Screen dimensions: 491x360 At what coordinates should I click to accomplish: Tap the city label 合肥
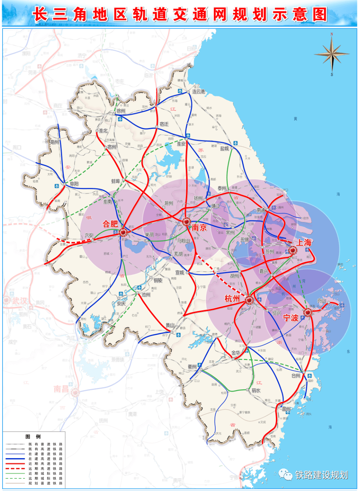(x=110, y=224)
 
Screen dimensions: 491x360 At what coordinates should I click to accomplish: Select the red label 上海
(x=304, y=243)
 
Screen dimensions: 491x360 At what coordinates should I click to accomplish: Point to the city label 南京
(x=199, y=228)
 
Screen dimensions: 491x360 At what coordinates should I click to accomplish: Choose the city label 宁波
(x=291, y=317)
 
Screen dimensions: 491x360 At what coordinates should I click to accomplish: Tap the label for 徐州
(x=121, y=111)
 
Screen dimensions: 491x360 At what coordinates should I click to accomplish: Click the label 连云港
(x=198, y=92)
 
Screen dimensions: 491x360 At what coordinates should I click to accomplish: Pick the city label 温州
(x=286, y=409)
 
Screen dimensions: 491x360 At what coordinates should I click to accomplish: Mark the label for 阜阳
(x=74, y=183)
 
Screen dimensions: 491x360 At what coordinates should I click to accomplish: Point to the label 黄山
(x=170, y=325)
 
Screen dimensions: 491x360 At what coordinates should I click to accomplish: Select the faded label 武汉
(x=20, y=301)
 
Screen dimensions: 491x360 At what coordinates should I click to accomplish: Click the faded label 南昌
(x=61, y=389)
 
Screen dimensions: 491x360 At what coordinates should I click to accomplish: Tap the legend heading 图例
(x=33, y=436)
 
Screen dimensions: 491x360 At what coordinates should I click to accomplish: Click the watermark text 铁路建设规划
(x=321, y=475)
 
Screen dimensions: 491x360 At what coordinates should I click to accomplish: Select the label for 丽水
(x=256, y=390)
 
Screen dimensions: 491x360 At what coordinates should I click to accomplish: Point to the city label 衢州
(x=192, y=367)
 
